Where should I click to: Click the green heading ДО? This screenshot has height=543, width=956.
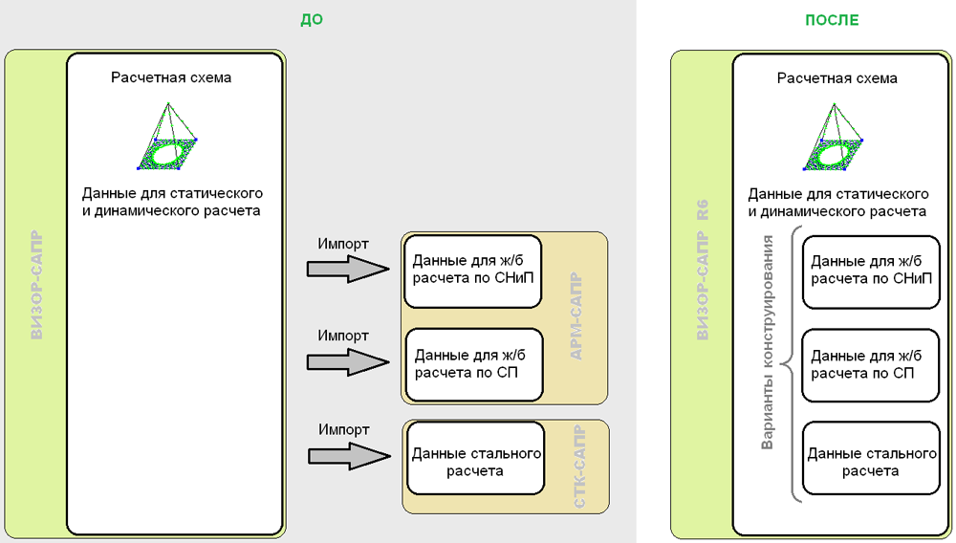point(312,19)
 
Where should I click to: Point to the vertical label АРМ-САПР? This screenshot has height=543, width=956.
point(576,316)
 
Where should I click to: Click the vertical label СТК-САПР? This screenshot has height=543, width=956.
point(576,465)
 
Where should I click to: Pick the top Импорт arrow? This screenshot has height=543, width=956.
point(348,271)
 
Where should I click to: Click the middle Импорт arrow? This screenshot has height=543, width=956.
point(348,362)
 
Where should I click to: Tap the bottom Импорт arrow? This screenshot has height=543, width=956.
point(348,456)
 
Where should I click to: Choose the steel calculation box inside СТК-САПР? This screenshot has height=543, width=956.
point(476,462)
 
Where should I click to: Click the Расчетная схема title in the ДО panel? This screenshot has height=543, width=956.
point(171,76)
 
